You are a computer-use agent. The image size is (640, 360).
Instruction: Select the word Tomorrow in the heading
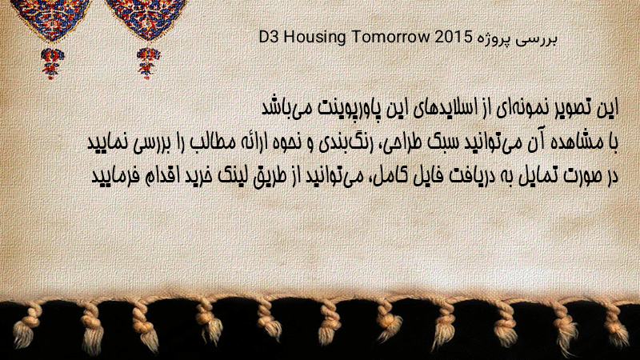click(x=390, y=37)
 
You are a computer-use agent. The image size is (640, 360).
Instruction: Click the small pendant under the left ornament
click(x=52, y=63)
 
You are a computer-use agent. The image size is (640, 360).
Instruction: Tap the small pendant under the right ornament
click(x=148, y=63)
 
